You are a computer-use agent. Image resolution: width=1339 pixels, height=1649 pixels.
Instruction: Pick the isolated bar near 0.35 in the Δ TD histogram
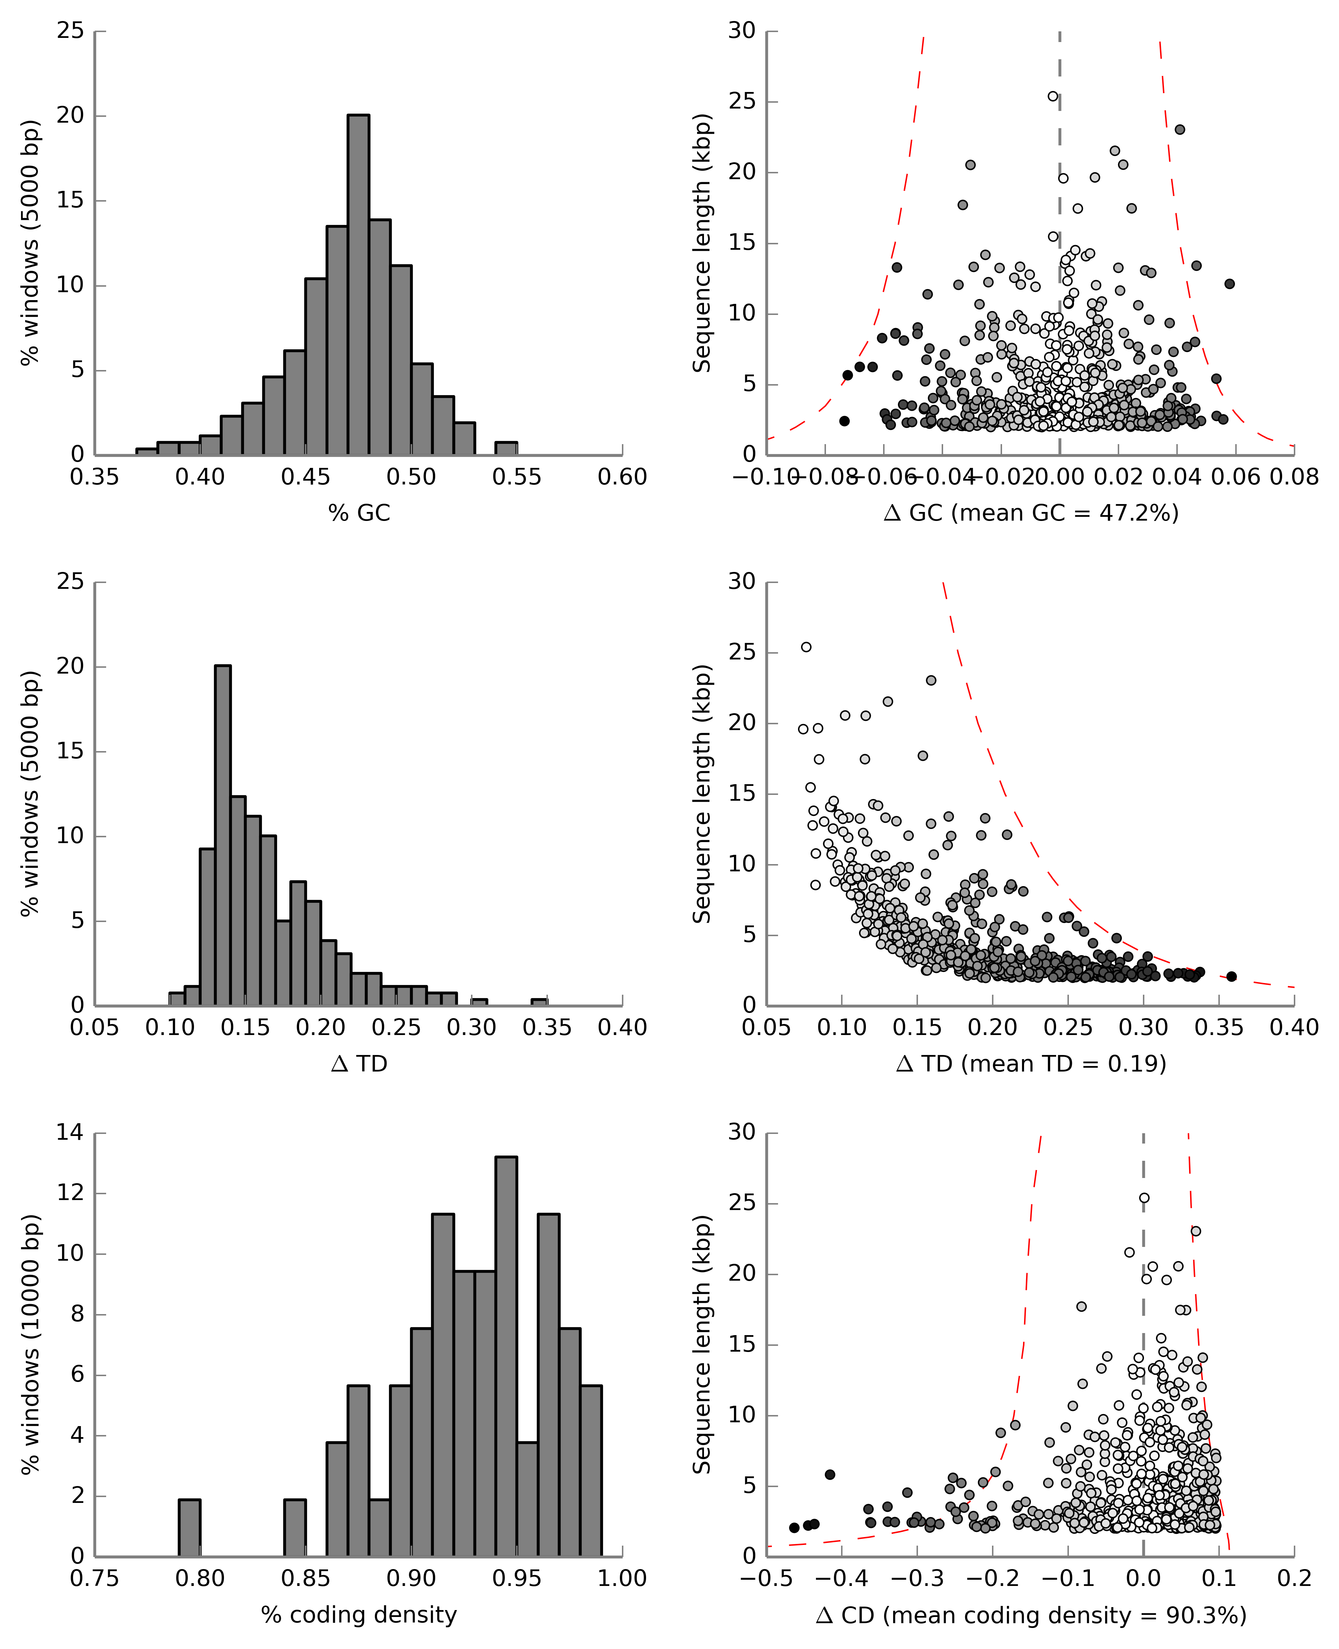point(539,1002)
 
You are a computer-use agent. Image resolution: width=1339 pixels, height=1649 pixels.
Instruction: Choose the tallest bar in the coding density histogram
point(506,1356)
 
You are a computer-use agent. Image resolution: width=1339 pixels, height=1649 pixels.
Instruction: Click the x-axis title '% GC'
point(359,513)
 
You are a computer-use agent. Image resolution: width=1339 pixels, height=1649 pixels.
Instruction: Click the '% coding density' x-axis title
point(359,1614)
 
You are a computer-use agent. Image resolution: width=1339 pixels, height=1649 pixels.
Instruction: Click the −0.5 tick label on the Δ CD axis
point(764,1578)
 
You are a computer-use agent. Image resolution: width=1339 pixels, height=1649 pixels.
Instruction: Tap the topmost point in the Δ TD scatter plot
point(806,647)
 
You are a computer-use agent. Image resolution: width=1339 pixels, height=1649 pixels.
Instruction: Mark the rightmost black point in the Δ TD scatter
point(1232,976)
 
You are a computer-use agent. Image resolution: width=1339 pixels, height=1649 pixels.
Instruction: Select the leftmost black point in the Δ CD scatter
point(795,1528)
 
